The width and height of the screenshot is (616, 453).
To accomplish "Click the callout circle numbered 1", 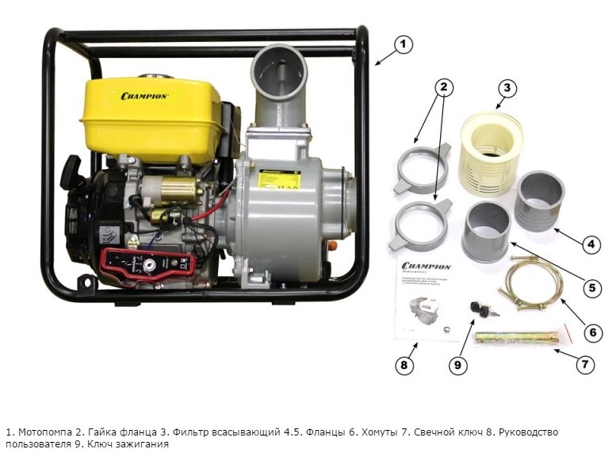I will tap(404, 45).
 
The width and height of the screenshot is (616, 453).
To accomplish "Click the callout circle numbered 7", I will tap(583, 364).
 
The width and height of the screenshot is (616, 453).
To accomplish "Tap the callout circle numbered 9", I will tap(457, 365).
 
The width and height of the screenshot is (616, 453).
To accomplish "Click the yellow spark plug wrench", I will tap(512, 337).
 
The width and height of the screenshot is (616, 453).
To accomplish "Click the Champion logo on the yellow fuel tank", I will tap(143, 96).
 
